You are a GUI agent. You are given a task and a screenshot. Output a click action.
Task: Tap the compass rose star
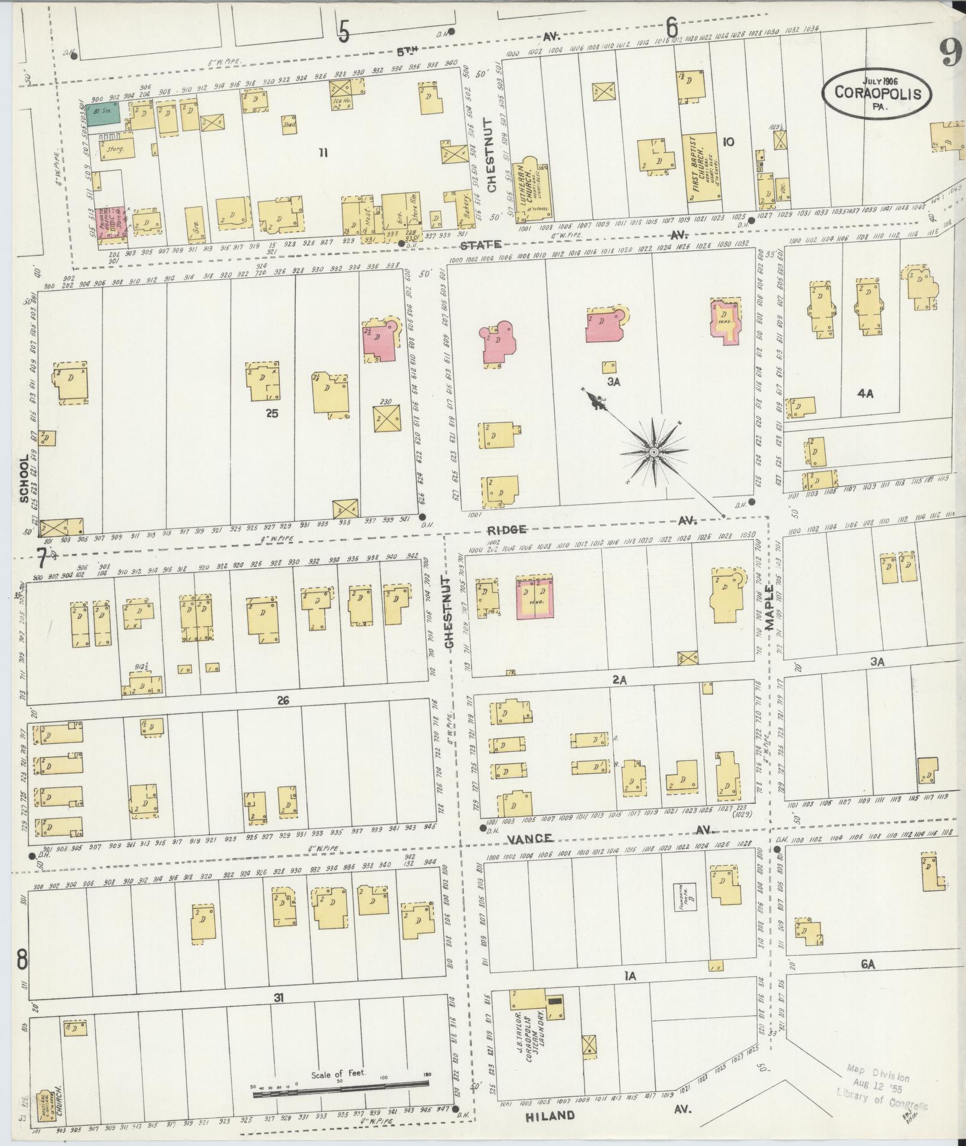coord(654,451)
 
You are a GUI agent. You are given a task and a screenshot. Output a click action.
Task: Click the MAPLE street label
coord(770,607)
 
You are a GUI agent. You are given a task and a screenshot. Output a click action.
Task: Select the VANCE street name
coord(530,838)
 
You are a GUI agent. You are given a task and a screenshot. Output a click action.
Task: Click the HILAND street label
coord(549,1115)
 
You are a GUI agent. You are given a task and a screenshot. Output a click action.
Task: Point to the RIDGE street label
coord(507,530)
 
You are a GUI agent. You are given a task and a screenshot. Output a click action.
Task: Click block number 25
coord(272,413)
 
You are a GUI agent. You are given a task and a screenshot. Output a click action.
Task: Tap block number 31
coord(278,997)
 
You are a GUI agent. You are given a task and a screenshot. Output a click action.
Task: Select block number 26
coord(283,700)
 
